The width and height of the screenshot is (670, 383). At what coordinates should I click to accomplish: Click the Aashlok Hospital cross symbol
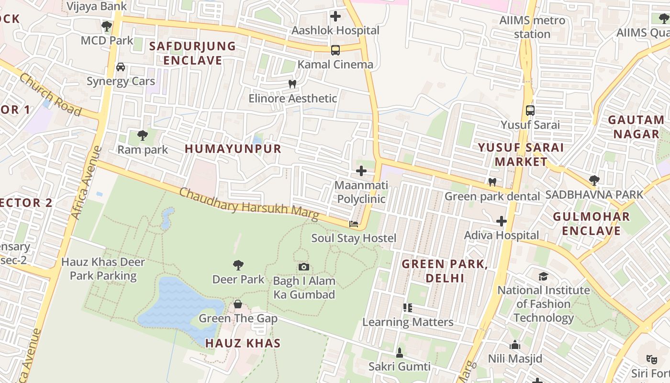coord(335,16)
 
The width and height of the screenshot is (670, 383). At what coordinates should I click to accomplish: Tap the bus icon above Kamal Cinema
coord(335,50)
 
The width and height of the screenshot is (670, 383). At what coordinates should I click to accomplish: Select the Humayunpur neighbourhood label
coord(233,149)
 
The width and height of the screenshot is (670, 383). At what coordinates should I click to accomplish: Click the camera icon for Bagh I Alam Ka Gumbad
coord(304,267)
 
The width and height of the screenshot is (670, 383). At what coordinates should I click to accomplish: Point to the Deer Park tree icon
coord(238,265)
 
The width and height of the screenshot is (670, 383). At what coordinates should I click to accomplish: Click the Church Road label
coord(50,95)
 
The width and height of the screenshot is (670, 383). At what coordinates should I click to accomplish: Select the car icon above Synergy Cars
coord(121,67)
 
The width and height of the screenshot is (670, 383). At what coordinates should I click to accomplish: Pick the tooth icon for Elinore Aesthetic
coord(292,84)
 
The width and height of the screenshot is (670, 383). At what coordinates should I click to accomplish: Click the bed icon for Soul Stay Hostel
coord(354,224)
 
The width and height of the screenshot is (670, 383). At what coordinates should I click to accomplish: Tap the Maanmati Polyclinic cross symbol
coord(361,171)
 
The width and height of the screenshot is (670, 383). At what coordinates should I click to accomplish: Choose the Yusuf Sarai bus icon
coord(530,110)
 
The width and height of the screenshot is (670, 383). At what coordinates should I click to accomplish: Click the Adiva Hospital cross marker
coord(502,221)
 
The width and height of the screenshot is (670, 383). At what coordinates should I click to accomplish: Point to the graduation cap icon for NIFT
coord(543,276)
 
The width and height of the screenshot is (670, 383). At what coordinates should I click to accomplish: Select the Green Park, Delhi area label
coord(445,271)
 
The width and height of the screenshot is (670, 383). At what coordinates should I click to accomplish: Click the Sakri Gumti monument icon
coord(400,353)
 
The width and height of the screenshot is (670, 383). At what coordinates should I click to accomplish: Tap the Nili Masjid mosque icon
coord(515,345)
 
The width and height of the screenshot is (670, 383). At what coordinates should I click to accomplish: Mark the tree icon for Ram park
coord(143,135)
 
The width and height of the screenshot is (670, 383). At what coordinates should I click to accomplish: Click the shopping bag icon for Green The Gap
coord(238,304)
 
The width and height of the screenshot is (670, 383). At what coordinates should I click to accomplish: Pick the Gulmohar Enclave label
coord(592,224)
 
